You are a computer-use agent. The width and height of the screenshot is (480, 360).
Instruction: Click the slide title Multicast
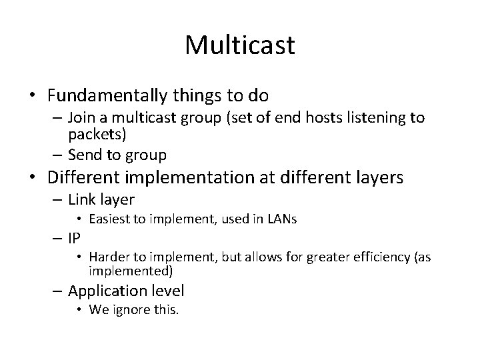[x=240, y=45]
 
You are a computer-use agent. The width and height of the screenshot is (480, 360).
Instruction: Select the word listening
[x=371, y=118]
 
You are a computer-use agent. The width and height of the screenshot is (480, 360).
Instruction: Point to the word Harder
[x=106, y=257]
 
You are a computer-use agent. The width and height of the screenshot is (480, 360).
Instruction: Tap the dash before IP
[x=57, y=237]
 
